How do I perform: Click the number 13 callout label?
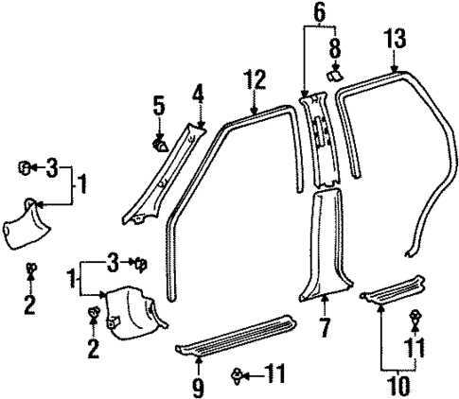tap(396, 39)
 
